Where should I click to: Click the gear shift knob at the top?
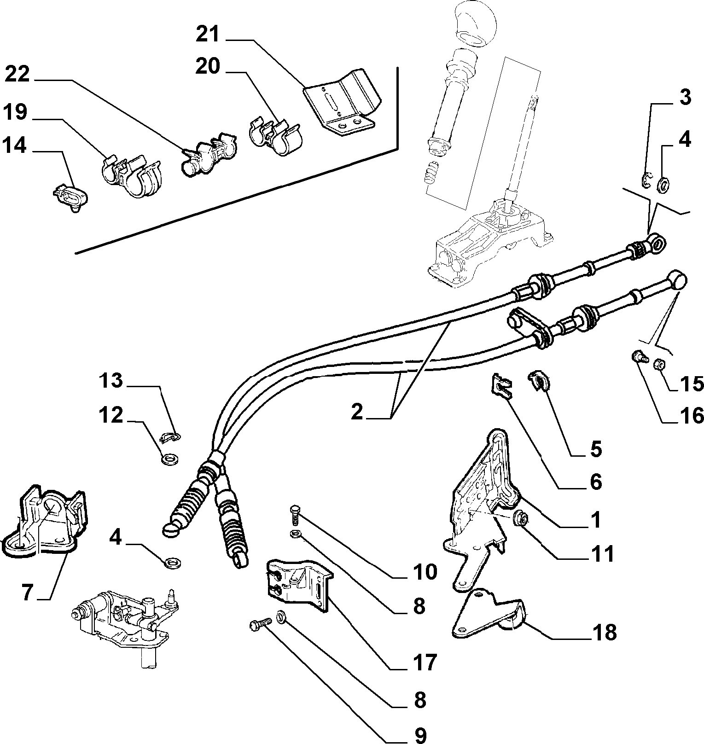point(475,23)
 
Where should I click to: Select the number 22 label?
point(17,74)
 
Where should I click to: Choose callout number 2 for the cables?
point(357,412)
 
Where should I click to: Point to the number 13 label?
point(111,381)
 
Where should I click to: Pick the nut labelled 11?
point(521,517)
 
